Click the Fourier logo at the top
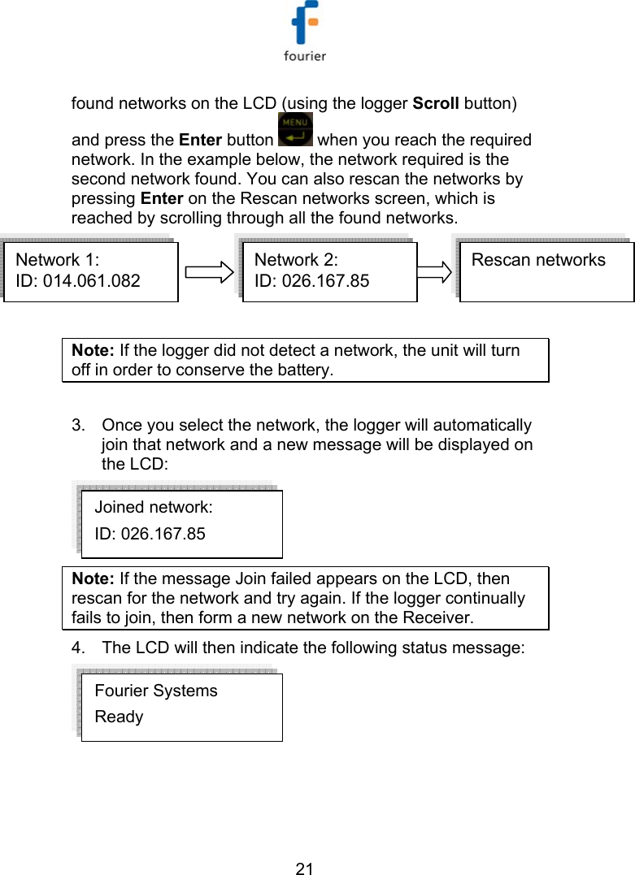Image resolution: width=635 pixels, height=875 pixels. tap(305, 32)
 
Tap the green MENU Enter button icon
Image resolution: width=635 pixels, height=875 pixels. tap(294, 130)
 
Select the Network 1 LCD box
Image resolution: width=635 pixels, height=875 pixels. tap(91, 271)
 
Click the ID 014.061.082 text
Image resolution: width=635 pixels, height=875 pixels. tap(78, 281)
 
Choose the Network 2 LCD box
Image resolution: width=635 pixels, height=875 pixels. tap(329, 271)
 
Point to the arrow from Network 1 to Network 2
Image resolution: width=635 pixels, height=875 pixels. tap(208, 271)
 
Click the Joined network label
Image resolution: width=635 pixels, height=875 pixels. tap(154, 507)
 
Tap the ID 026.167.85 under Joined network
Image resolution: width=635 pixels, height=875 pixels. tap(150, 534)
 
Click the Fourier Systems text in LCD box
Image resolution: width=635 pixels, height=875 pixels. tap(156, 691)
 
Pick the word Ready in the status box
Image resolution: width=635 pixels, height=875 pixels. tap(119, 717)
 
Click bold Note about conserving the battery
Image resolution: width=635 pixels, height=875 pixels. tap(93, 351)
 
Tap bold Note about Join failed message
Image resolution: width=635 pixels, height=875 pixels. tap(93, 579)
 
